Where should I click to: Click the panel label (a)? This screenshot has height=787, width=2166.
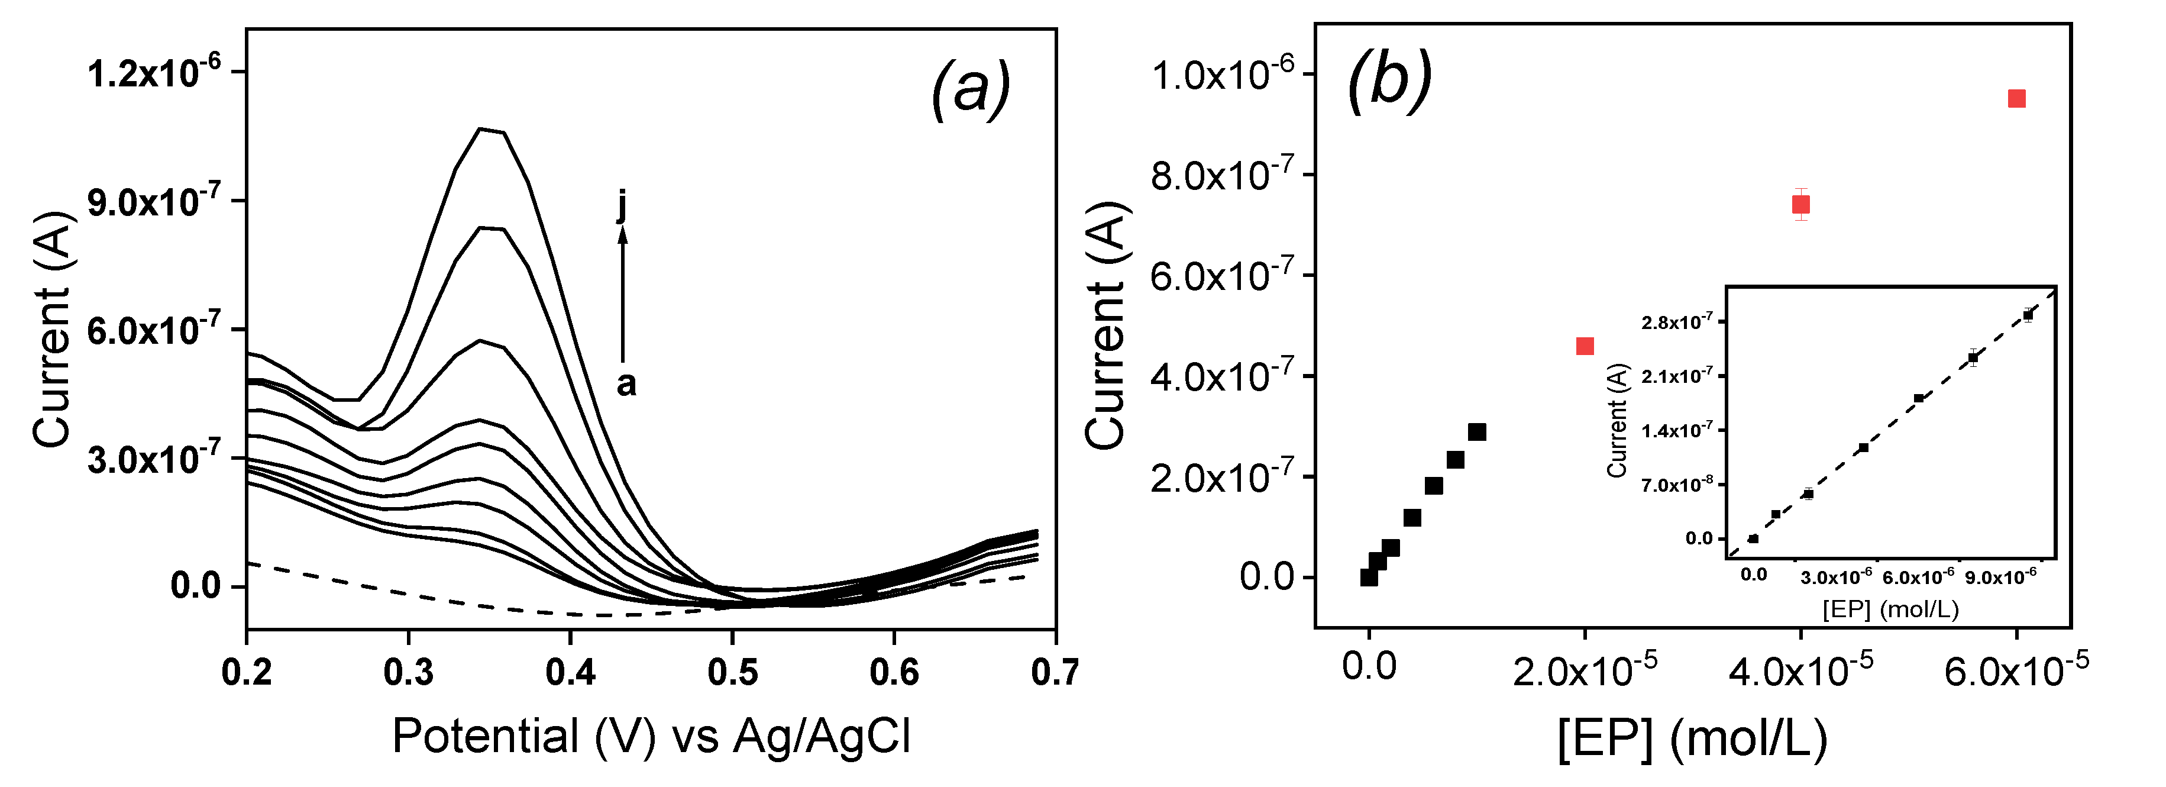coord(969,89)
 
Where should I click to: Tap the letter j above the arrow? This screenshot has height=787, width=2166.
coord(622,204)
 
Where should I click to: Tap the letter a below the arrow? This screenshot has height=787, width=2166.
coord(626,384)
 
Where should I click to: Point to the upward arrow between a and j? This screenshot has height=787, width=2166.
coord(623,294)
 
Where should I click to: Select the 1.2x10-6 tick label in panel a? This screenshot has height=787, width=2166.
coord(154,75)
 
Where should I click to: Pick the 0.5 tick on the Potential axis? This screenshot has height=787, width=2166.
coord(732,673)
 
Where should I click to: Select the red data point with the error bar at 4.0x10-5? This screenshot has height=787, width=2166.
coord(1800,204)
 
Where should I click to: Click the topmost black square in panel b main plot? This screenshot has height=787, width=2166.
coord(1476,432)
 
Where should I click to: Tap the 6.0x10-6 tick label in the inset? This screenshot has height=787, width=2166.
coord(1918,577)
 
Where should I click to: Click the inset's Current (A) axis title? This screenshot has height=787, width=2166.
coord(1617,420)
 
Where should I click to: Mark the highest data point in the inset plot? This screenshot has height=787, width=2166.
coord(2027,315)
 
